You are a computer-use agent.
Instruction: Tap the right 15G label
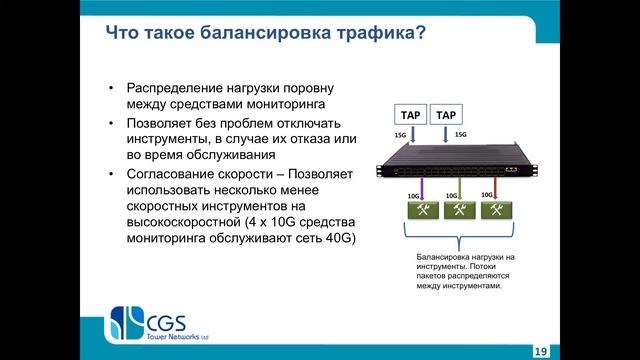click(460, 134)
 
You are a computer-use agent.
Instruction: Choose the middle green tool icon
click(461, 211)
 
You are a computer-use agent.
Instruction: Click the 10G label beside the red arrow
click(486, 194)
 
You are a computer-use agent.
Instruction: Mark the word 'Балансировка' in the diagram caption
click(445, 257)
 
